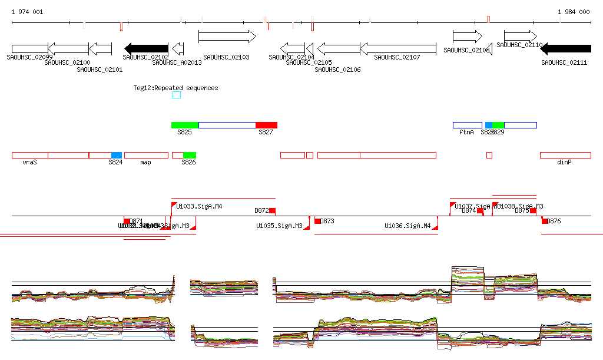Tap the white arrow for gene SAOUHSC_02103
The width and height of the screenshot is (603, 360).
click(x=227, y=37)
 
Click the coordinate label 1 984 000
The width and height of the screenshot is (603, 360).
click(x=574, y=12)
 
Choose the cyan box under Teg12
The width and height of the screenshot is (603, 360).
click(x=177, y=95)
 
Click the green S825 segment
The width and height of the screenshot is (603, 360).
click(x=185, y=125)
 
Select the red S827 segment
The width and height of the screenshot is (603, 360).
click(x=266, y=125)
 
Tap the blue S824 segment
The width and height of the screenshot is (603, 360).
click(x=117, y=155)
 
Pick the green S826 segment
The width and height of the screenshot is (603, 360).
click(x=190, y=155)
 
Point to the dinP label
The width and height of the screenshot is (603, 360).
click(x=564, y=162)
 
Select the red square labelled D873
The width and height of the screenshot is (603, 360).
click(x=318, y=221)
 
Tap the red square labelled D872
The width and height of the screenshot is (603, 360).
click(x=272, y=210)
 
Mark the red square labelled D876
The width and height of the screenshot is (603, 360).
click(x=545, y=221)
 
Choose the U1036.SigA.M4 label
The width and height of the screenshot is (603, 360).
click(x=407, y=226)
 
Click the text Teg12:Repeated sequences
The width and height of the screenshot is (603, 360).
click(x=175, y=88)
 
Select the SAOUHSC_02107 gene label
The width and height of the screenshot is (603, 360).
click(x=397, y=57)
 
